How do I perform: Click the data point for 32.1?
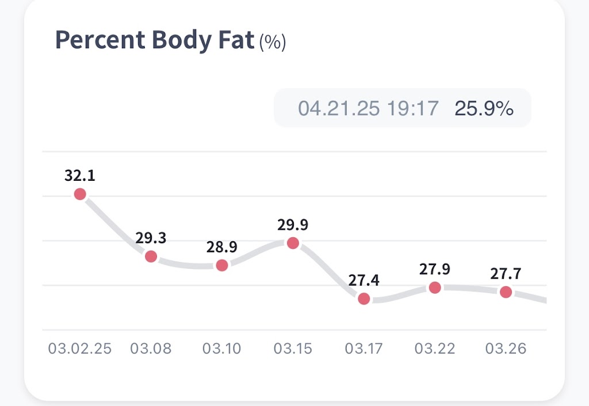[x=80, y=194]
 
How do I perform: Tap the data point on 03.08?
[x=151, y=256]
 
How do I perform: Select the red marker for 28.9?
[x=221, y=265]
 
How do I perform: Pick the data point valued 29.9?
[x=293, y=243]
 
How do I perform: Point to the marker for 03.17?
[x=364, y=299]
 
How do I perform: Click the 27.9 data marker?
[x=435, y=287]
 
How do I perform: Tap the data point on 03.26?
[x=506, y=292]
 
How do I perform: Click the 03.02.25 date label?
[x=80, y=348]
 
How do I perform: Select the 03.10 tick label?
[x=221, y=348]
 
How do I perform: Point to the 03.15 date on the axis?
[x=293, y=348]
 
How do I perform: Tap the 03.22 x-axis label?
[x=435, y=348]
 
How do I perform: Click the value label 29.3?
[x=151, y=238]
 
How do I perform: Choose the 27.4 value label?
[x=364, y=280]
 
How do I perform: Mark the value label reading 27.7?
[x=506, y=274]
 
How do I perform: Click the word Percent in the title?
[x=97, y=41]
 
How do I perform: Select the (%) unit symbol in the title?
[x=272, y=42]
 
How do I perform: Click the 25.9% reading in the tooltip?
[x=484, y=108]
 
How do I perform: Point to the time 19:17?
[x=412, y=108]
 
